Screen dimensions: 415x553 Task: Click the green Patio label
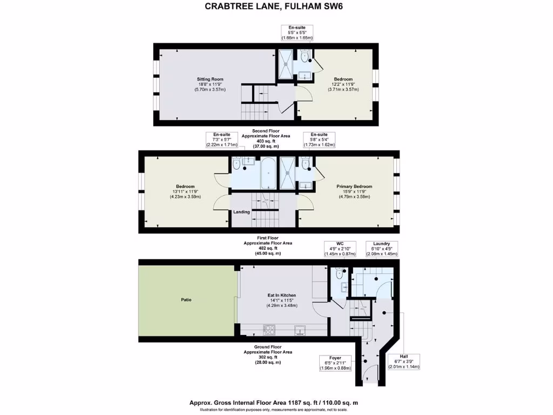(185, 299)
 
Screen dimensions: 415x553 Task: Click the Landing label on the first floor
(241, 212)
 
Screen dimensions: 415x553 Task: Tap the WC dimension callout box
(340, 249)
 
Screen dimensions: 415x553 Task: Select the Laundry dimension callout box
(382, 249)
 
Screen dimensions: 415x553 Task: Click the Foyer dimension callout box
(335, 363)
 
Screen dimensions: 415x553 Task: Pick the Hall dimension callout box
(403, 361)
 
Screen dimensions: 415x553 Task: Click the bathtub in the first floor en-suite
(268, 173)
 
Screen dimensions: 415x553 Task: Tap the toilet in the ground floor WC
(339, 273)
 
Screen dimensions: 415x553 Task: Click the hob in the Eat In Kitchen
(268, 329)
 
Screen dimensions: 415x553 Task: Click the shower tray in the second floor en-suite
(285, 64)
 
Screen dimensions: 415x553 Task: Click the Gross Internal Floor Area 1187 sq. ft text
(273, 403)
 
